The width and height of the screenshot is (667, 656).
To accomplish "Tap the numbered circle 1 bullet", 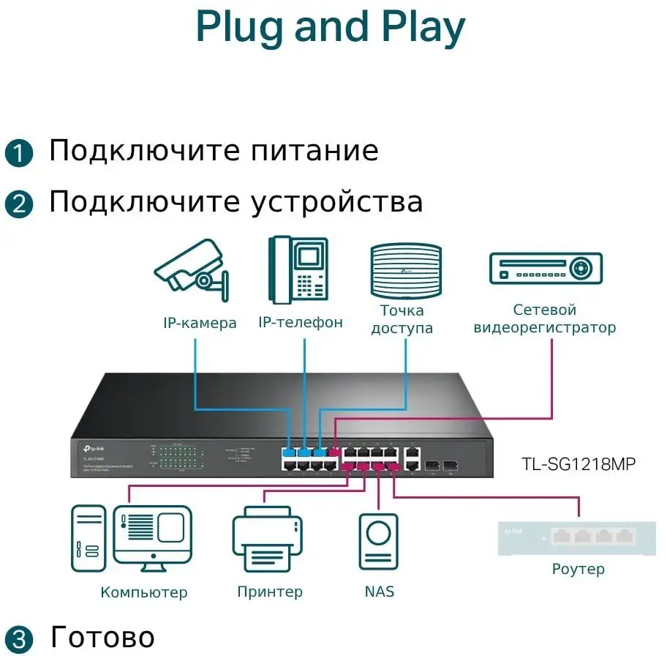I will click(19, 153).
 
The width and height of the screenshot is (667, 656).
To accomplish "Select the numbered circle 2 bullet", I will click(19, 203).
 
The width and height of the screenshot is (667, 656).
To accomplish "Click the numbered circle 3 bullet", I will click(19, 637).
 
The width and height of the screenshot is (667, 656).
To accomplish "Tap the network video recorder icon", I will click(545, 268).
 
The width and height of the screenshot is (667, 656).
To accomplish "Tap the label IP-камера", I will click(200, 323).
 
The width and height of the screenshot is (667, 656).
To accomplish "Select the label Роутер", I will click(578, 569).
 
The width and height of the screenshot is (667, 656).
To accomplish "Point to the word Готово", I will click(102, 636).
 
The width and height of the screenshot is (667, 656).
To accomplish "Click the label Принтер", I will click(269, 592).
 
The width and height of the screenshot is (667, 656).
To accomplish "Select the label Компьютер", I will click(143, 592).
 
